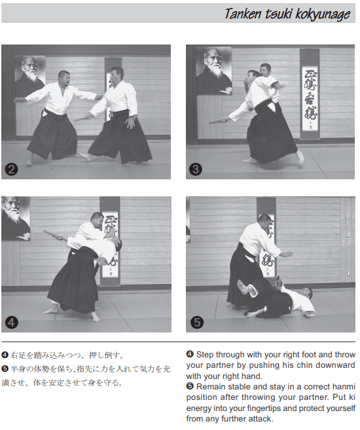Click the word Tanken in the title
[243, 14]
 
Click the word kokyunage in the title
[323, 14]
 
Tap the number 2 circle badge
[11, 170]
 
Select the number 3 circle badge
[196, 169]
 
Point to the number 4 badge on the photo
[11, 322]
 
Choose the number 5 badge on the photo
[197, 322]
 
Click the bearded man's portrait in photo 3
[214, 71]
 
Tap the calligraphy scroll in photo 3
[310, 94]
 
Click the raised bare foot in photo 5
[243, 287]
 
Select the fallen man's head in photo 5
[307, 293]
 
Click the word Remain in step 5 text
[211, 387]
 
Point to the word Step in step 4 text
[205, 355]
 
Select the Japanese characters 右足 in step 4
[18, 355]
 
